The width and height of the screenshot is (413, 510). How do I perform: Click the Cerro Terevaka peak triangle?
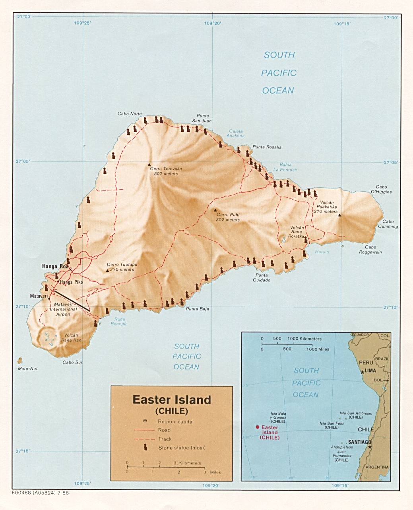tap(149, 164)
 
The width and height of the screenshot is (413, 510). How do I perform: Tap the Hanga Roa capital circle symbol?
tap(70, 269)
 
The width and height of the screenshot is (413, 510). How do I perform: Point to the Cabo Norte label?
tap(129, 114)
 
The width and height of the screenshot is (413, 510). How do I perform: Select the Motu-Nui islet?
tap(19, 360)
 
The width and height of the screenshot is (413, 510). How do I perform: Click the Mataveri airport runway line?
tap(72, 300)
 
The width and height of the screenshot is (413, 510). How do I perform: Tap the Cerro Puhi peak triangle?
tap(215, 210)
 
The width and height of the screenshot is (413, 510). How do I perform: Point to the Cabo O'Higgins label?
tap(381, 189)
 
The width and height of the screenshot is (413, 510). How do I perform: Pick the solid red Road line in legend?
tap(144, 430)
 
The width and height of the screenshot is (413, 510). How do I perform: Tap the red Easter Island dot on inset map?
tap(258, 427)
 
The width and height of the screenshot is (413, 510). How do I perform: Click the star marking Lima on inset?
tap(362, 372)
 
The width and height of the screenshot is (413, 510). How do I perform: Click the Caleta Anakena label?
tap(236, 133)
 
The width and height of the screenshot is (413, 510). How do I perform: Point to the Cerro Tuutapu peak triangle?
tap(107, 271)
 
